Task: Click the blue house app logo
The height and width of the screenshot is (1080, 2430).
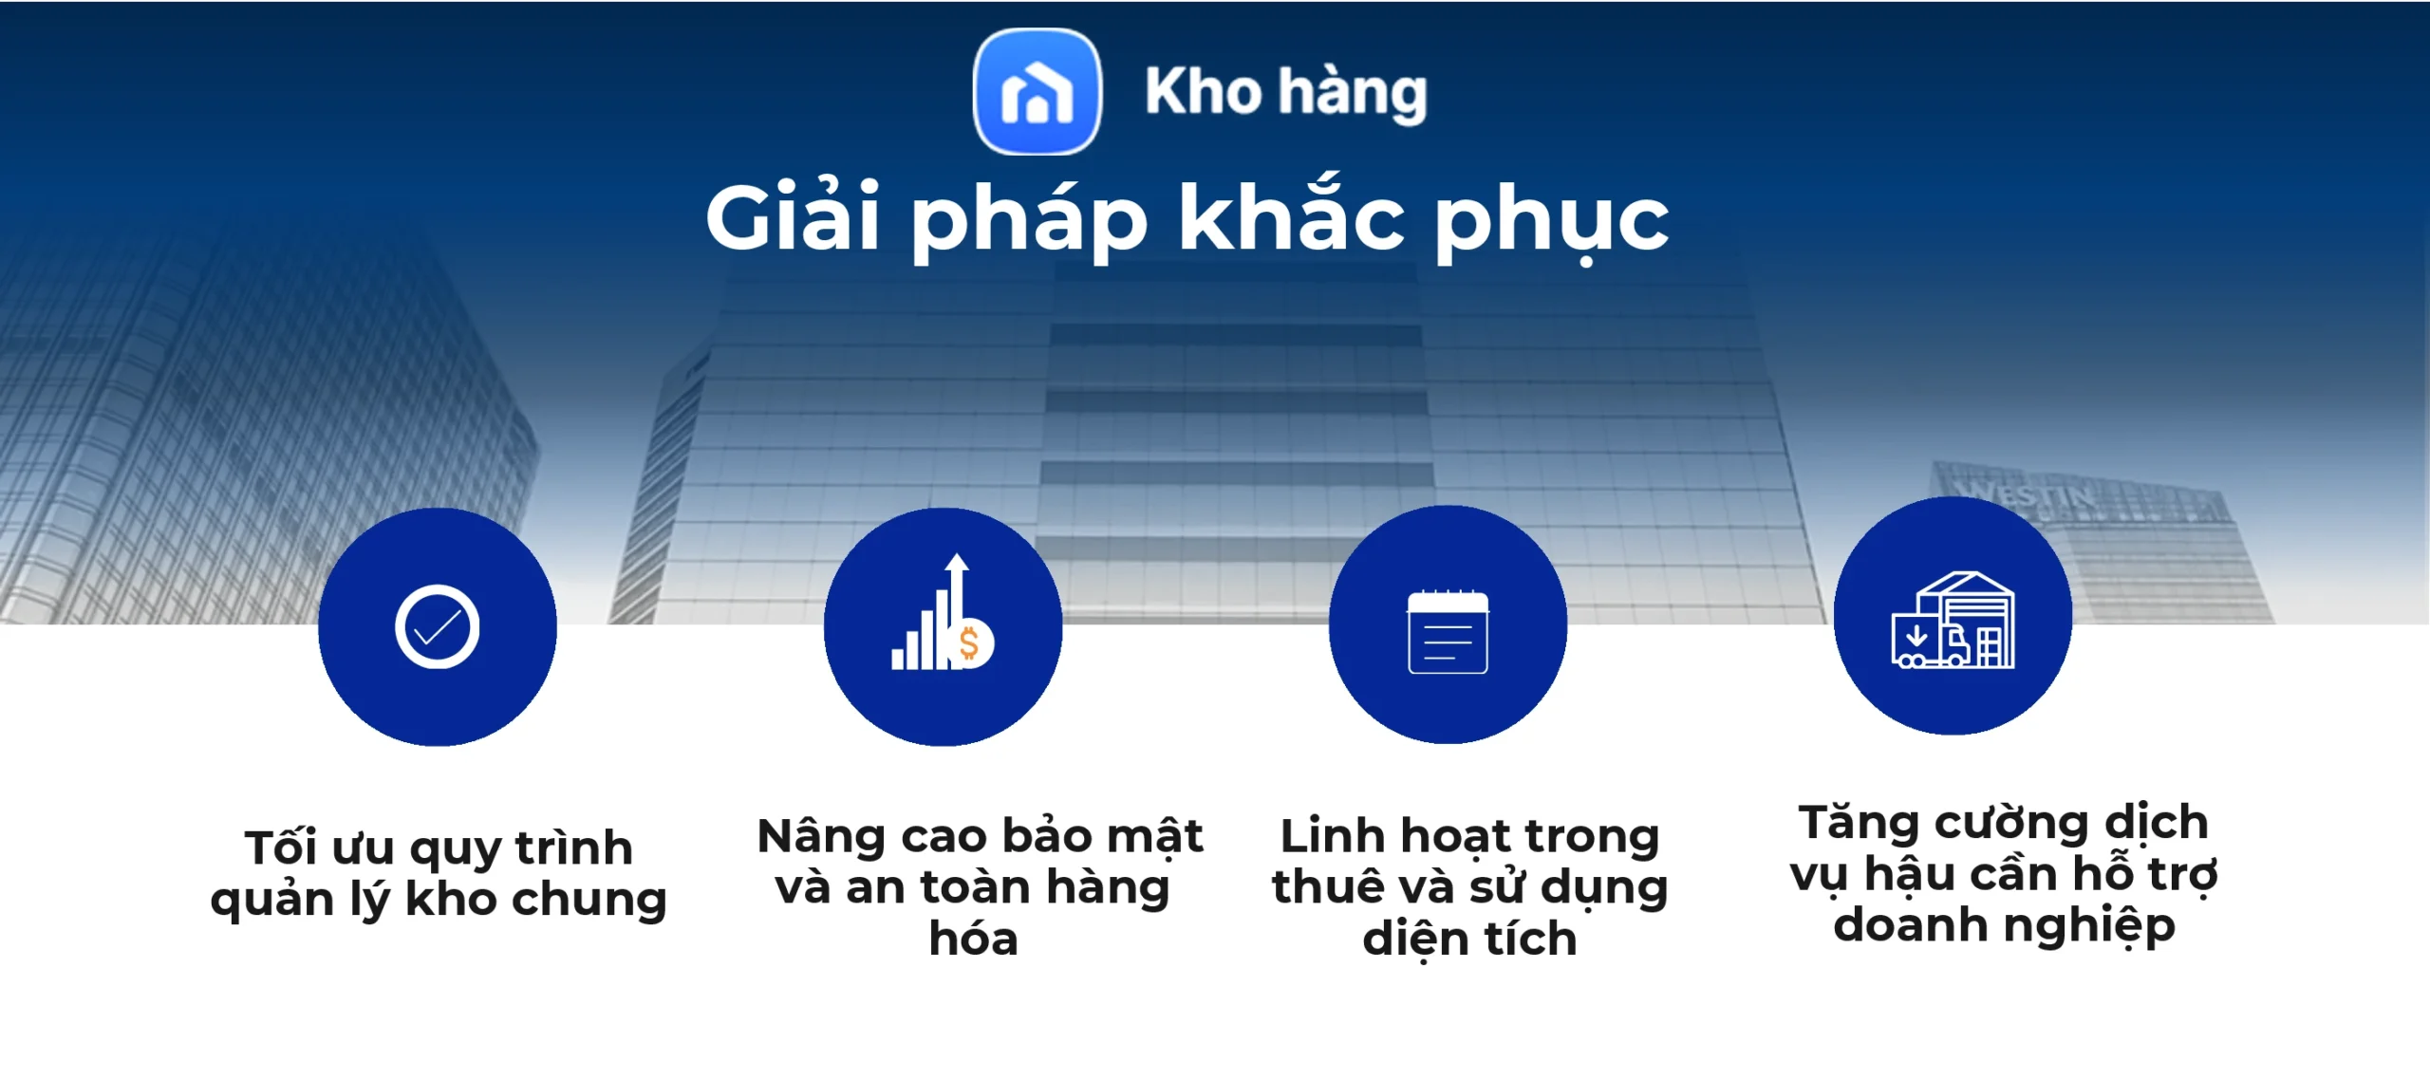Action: (1037, 92)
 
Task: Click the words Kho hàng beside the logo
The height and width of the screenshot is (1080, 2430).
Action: (1285, 92)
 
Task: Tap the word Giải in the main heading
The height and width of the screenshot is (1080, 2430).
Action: (793, 218)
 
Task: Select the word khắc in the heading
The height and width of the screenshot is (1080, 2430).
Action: (1291, 218)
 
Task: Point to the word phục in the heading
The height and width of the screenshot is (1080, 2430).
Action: (1551, 220)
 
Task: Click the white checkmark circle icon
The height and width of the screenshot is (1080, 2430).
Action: (437, 627)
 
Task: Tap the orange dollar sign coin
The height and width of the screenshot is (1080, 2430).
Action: (970, 643)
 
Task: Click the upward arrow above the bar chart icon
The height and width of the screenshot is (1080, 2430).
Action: (957, 569)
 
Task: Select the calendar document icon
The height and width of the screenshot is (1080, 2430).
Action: (1448, 631)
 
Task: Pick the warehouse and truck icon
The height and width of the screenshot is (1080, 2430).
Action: (1953, 622)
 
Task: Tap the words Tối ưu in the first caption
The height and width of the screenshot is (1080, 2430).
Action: (319, 847)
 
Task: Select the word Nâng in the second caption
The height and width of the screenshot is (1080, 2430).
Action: (821, 836)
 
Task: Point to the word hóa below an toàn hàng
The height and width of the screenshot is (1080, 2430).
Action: (974, 939)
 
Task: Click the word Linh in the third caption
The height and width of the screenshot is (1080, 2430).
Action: (1332, 836)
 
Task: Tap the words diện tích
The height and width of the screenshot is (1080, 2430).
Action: (1469, 939)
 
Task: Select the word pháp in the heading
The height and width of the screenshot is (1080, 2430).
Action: (1029, 220)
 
